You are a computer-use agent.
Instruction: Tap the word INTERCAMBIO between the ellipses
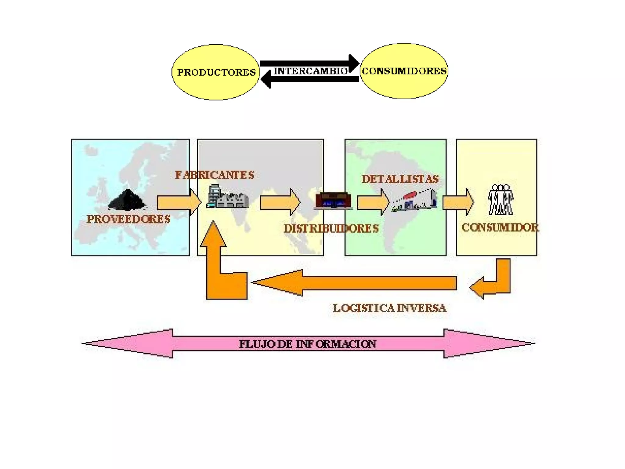coord(310,71)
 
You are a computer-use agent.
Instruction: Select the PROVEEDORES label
coord(128,219)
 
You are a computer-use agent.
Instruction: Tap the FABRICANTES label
coord(214,175)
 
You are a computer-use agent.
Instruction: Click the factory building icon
coord(228,197)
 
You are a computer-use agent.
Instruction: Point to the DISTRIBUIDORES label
coord(331,229)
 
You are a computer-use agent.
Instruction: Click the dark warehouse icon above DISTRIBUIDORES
coord(333,201)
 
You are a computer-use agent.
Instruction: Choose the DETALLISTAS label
coord(400,179)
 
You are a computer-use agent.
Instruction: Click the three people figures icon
coord(500,199)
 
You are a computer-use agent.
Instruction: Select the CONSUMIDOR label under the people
coord(500,227)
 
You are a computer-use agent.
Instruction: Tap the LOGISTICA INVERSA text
coord(389,308)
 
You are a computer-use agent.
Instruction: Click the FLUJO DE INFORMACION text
coord(307,344)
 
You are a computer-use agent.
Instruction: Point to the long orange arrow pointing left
coord(354,283)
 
